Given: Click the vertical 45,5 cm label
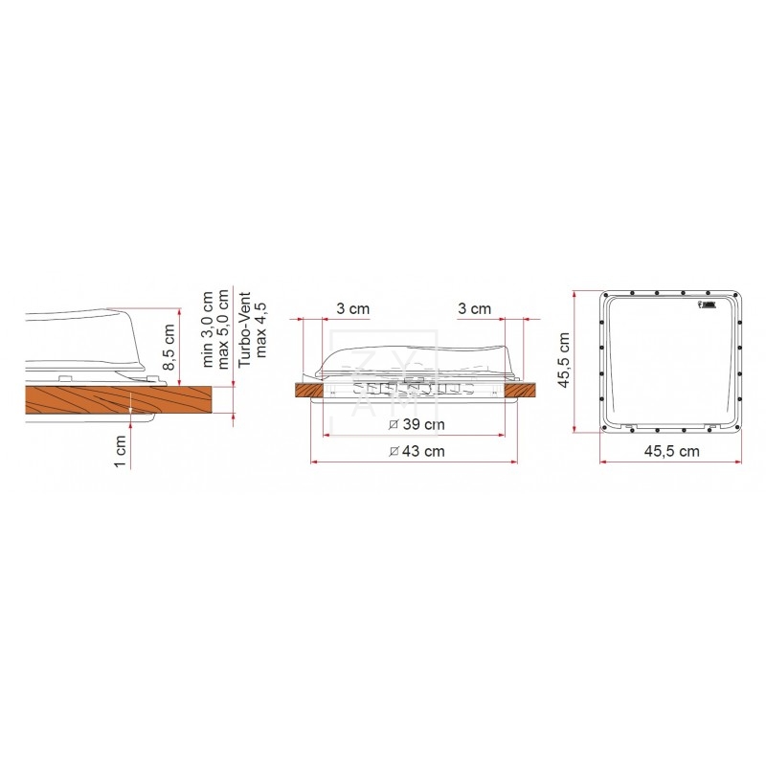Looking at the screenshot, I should pyautogui.click(x=564, y=359).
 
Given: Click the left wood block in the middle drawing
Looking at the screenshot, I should pyautogui.click(x=309, y=390).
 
